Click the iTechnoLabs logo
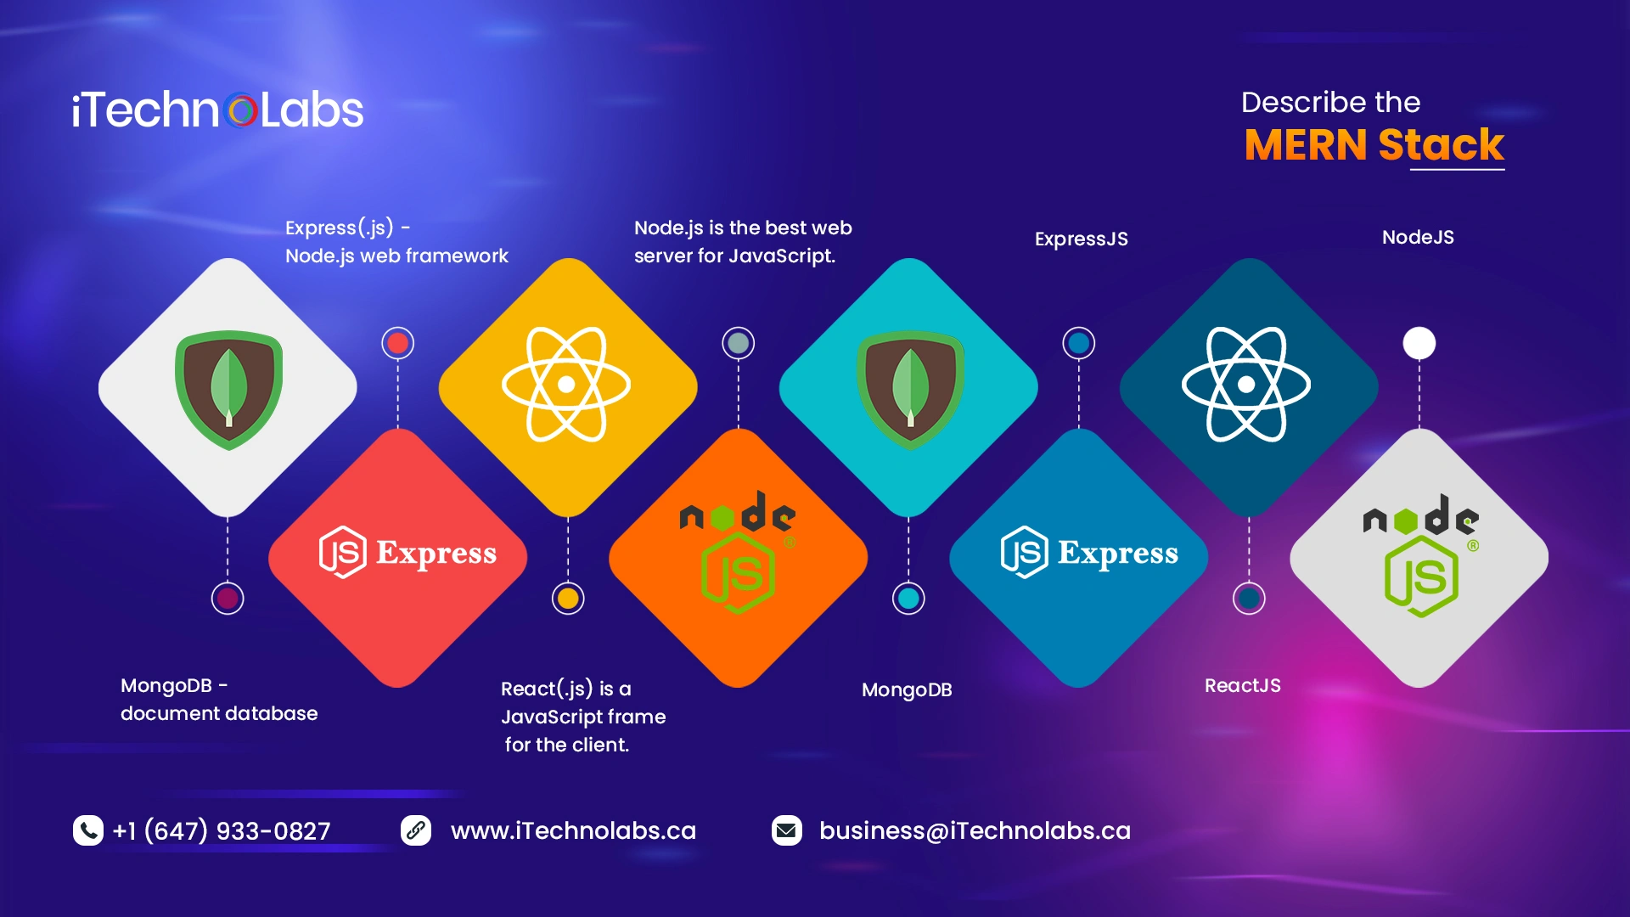[x=217, y=110]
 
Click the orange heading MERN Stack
[x=1374, y=144]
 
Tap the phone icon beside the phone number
[x=88, y=830]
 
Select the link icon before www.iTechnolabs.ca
[x=416, y=830]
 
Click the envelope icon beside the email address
[x=787, y=830]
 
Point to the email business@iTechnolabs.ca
[x=975, y=830]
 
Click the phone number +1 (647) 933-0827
[x=222, y=830]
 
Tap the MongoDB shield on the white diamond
[x=228, y=390]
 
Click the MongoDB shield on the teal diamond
[x=910, y=390]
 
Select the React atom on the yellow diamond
[x=566, y=385]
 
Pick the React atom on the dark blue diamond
[x=1246, y=385]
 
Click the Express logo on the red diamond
[x=407, y=553]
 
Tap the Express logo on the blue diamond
[x=1089, y=553]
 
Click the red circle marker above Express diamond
[x=398, y=343]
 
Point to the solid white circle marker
[x=1419, y=343]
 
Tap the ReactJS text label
[x=1243, y=685]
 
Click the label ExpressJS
[x=1082, y=239]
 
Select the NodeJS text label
[x=1418, y=237]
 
